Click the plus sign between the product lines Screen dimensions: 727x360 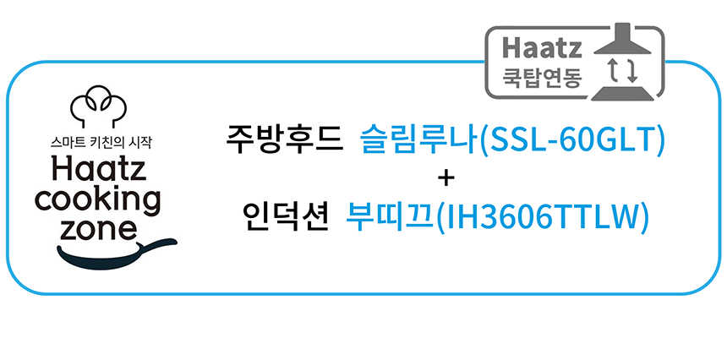445,179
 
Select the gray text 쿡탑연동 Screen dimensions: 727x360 542,78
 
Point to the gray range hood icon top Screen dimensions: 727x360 623,42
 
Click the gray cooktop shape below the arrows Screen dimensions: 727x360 622,92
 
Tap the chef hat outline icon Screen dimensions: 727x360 99,106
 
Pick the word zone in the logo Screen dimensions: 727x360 99,229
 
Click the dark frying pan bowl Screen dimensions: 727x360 100,258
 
